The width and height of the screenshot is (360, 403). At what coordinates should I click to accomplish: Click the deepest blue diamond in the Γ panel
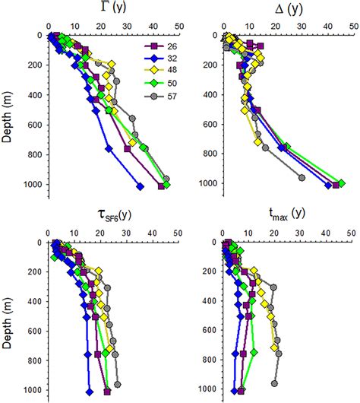click(x=140, y=186)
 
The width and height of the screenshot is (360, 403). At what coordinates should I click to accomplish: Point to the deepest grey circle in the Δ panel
click(x=302, y=178)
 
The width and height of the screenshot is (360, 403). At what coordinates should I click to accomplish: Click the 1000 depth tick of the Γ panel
click(x=34, y=184)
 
